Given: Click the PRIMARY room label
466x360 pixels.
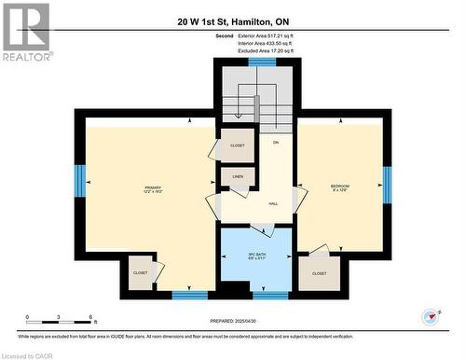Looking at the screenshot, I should pos(152,187).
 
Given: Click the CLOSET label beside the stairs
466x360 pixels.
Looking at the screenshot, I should pos(237,145).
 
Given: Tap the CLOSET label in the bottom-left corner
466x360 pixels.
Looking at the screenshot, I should pos(140,272).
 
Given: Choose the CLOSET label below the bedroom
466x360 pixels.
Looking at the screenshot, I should pos(320,273).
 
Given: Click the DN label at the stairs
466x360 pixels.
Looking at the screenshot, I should pos(276,142).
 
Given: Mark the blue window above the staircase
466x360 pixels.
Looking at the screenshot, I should pos(262,61).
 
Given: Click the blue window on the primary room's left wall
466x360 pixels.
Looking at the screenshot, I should pos(80,179).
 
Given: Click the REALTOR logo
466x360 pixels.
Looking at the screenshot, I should pos(25,32).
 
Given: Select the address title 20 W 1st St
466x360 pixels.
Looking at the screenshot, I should pos(232,21).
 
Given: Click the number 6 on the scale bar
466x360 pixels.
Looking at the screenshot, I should pos(89,317).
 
